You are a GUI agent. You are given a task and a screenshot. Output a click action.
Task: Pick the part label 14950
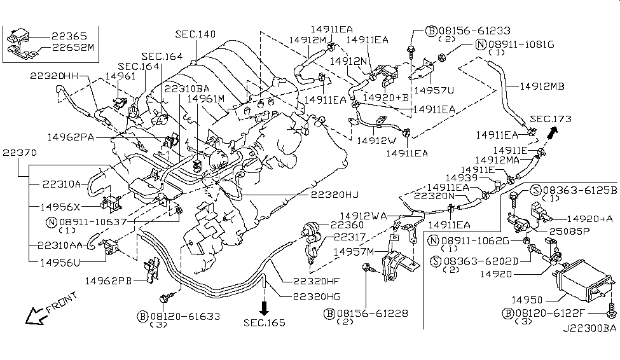click(526, 298)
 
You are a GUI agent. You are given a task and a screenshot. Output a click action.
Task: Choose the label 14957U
click(434, 90)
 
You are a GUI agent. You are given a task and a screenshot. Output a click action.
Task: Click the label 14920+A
click(589, 218)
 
